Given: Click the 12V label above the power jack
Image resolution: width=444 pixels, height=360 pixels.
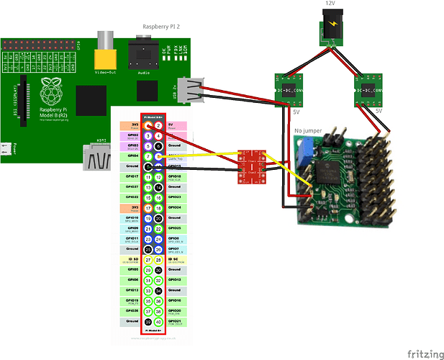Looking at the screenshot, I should coord(330,4).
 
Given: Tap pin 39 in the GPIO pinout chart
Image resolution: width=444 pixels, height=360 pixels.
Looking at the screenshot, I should coord(148,322).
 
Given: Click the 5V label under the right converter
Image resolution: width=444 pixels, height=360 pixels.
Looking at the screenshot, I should coord(378,112).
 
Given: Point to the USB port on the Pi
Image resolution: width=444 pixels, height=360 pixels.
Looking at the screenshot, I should coord(191,91).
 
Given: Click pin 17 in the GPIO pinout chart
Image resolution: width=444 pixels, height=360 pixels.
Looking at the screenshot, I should coord(148,207).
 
